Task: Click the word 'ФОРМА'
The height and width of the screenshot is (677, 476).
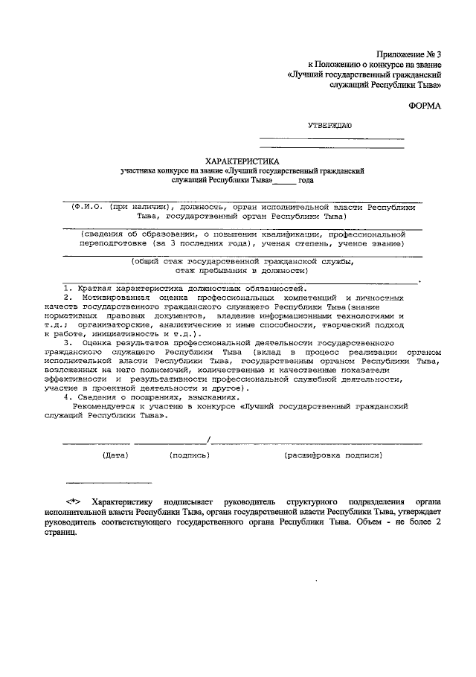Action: [425, 106]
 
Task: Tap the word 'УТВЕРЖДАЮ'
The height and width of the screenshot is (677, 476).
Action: [335, 127]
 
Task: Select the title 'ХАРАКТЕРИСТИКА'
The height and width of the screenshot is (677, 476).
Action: [242, 161]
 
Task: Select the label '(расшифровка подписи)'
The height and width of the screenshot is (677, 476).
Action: [332, 454]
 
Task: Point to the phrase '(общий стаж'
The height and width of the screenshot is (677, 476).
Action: [152, 262]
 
